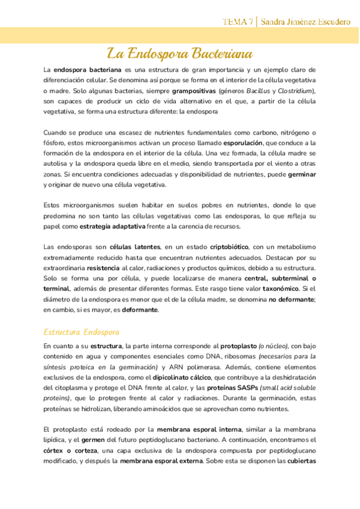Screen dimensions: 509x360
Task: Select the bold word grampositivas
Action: click(x=195, y=91)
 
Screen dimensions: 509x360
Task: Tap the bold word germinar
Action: click(x=302, y=174)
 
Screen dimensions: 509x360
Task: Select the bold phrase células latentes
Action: click(x=135, y=247)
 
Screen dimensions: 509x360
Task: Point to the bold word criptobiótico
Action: click(x=227, y=247)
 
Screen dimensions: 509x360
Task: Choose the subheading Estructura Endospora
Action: click(x=82, y=332)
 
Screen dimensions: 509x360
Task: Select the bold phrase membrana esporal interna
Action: click(x=199, y=430)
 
